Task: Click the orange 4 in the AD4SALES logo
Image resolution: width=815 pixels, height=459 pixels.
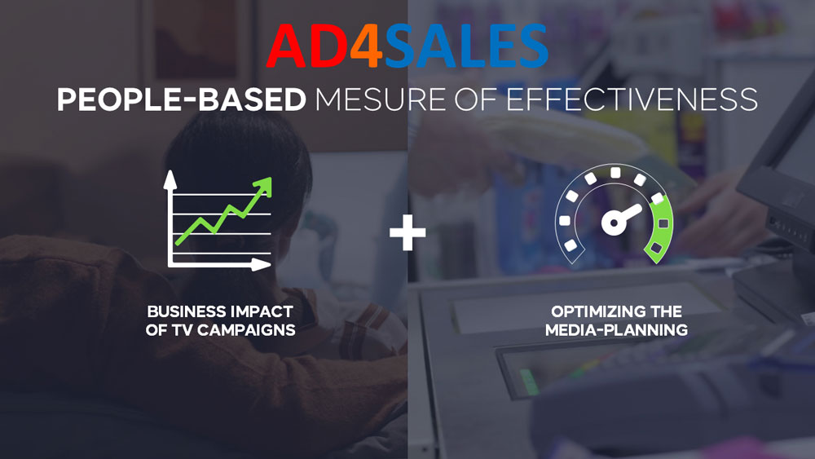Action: point(368,46)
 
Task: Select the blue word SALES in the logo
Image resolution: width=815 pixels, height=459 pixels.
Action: point(466,46)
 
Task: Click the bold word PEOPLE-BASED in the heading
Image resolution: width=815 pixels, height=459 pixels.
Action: point(182,99)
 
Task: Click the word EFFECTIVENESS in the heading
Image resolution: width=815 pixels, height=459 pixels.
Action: point(632,99)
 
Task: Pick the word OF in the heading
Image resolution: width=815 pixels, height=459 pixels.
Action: point(476,99)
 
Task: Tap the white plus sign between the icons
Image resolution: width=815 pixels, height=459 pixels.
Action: point(407,232)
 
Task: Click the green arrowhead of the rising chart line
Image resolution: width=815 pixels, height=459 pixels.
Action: point(264,186)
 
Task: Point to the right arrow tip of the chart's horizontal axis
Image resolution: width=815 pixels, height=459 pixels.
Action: point(262,265)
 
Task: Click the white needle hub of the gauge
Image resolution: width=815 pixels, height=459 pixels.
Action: point(614,223)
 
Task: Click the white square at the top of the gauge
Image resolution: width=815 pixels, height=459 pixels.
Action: point(615,173)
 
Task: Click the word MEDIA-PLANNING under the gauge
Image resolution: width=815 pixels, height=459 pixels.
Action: point(616,330)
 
